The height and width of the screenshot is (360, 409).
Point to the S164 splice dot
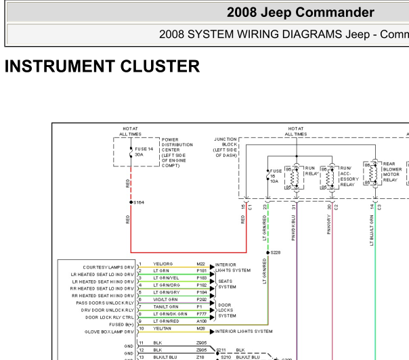(131, 202)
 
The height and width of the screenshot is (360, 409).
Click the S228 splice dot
(267, 252)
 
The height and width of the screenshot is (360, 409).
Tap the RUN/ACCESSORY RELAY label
(347, 176)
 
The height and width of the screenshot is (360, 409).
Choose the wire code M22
(200, 265)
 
